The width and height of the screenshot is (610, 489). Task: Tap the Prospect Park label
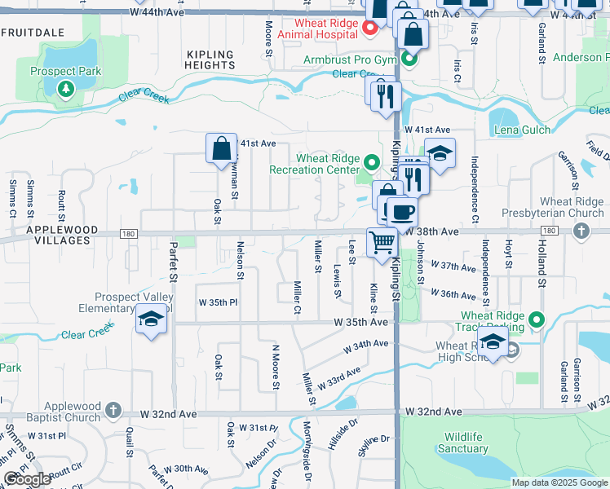[65, 71]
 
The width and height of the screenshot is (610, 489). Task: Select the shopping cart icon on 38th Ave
[382, 242]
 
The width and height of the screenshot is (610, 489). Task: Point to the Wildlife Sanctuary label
[466, 443]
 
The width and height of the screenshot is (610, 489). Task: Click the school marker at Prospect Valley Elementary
[152, 321]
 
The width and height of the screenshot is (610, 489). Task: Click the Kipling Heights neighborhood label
[210, 59]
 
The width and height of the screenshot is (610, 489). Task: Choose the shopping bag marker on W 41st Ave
[221, 149]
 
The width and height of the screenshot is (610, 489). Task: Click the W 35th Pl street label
[218, 302]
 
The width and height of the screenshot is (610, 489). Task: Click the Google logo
[28, 479]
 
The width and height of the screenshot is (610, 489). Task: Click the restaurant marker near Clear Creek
[386, 95]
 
